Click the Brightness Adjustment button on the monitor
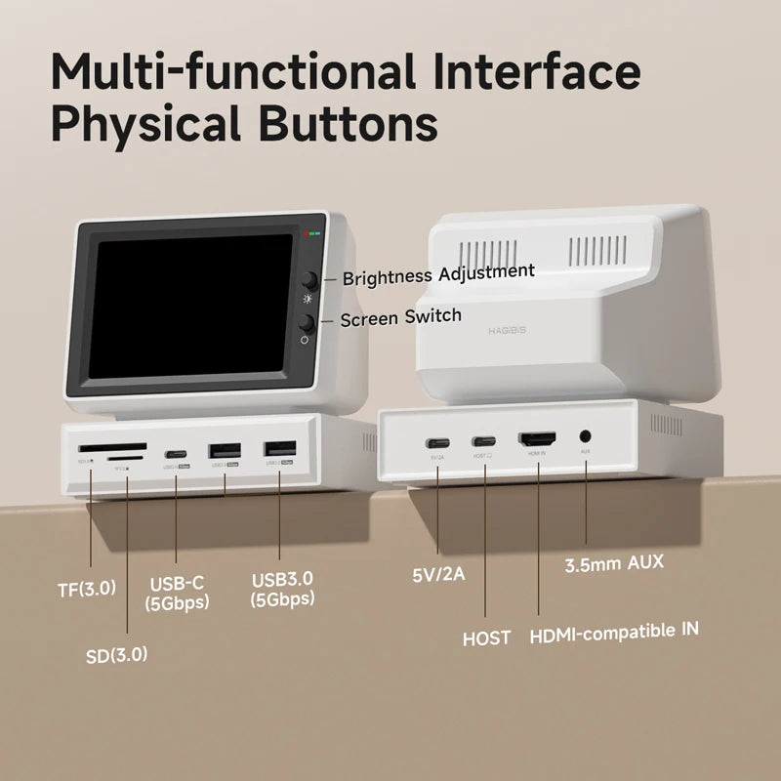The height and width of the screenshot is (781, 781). [x=308, y=280]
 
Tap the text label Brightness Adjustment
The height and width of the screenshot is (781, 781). [x=438, y=274]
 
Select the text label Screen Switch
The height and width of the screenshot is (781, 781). [x=400, y=317]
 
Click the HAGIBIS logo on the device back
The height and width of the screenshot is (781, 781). [x=507, y=331]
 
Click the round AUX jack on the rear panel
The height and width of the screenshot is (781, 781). [x=586, y=437]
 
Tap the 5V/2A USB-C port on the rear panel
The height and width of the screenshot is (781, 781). [x=437, y=441]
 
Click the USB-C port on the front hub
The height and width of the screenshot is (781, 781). [x=176, y=455]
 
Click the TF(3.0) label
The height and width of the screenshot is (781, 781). [x=87, y=588]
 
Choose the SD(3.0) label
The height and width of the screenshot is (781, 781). [x=116, y=654]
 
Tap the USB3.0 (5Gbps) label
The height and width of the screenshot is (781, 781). [x=282, y=589]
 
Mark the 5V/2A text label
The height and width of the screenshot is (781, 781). [x=439, y=573]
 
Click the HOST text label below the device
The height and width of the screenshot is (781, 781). [x=486, y=637]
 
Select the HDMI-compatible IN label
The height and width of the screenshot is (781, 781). [x=613, y=632]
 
